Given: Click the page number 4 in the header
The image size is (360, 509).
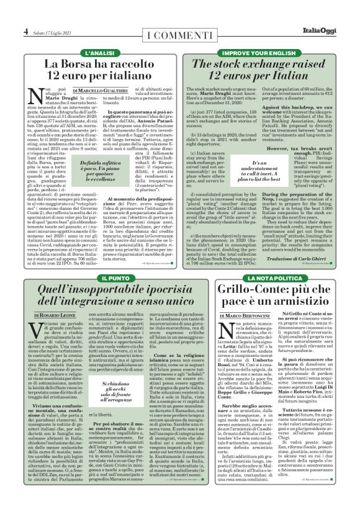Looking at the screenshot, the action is (26, 32).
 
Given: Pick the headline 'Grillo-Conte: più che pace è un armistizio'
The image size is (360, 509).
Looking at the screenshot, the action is (269, 297).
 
